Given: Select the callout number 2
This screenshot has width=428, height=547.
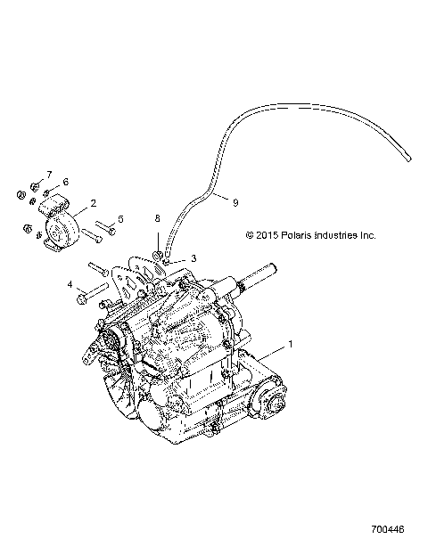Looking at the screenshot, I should pos(93,204).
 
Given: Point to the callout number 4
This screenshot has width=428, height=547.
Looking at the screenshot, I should pos(68,285).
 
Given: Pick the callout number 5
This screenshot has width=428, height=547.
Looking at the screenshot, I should pos(121,218).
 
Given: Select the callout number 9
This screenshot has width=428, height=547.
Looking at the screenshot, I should pos(235,202).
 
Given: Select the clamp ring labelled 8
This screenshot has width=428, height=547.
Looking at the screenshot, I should pos(156,257).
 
